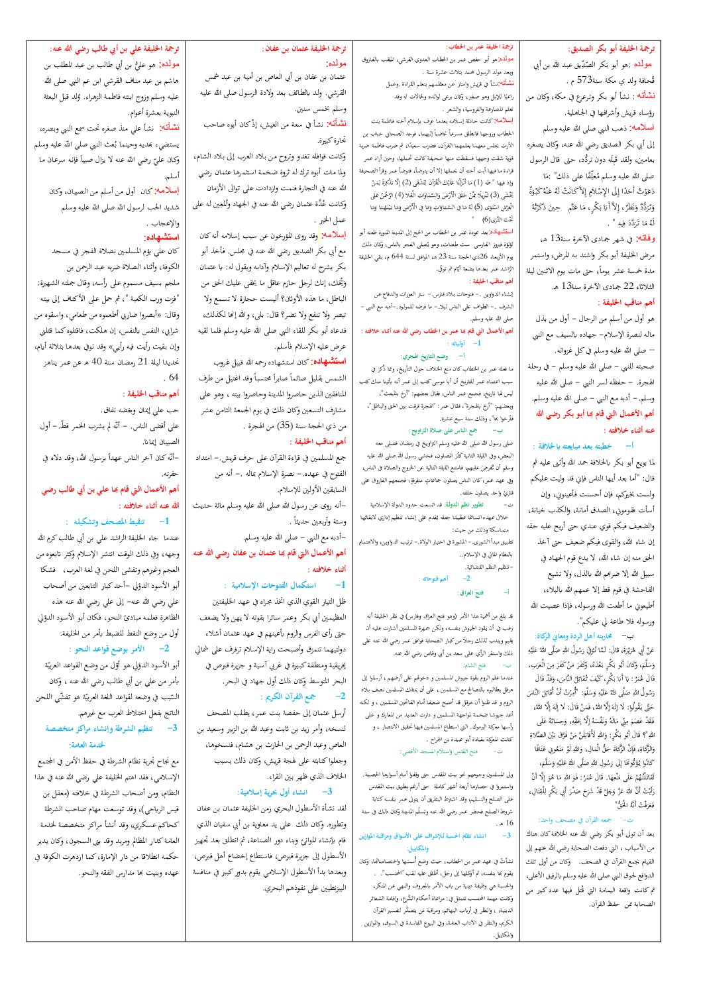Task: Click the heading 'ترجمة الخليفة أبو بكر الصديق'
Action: tap(612, 49)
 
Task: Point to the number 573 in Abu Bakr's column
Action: tap(584, 80)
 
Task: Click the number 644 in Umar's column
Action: tap(397, 255)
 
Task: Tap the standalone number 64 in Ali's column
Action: tap(174, 377)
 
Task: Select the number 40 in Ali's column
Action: tap(96, 362)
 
